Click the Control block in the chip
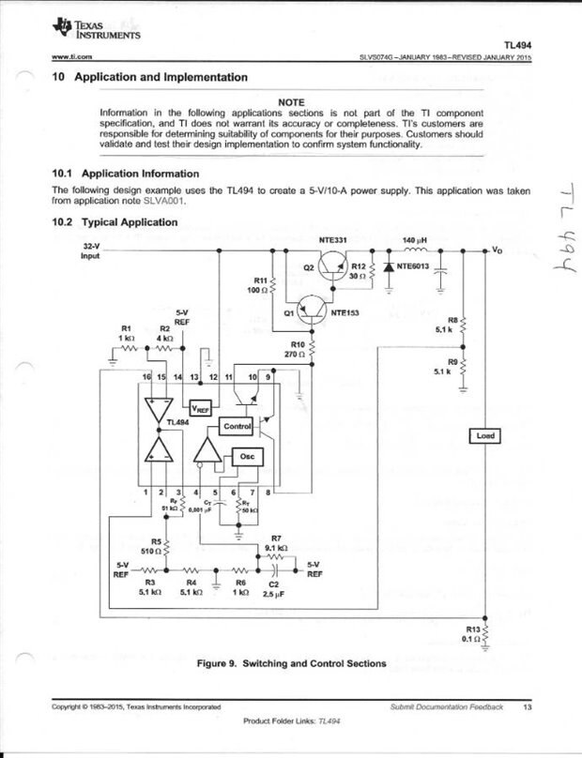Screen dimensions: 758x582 pyautogui.click(x=236, y=427)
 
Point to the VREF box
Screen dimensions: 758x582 pyautogui.click(x=201, y=409)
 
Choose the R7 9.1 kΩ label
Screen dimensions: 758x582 pyautogui.click(x=276, y=542)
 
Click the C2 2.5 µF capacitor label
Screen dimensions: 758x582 pyautogui.click(x=275, y=588)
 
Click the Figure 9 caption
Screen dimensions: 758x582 pyautogui.click(x=290, y=664)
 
